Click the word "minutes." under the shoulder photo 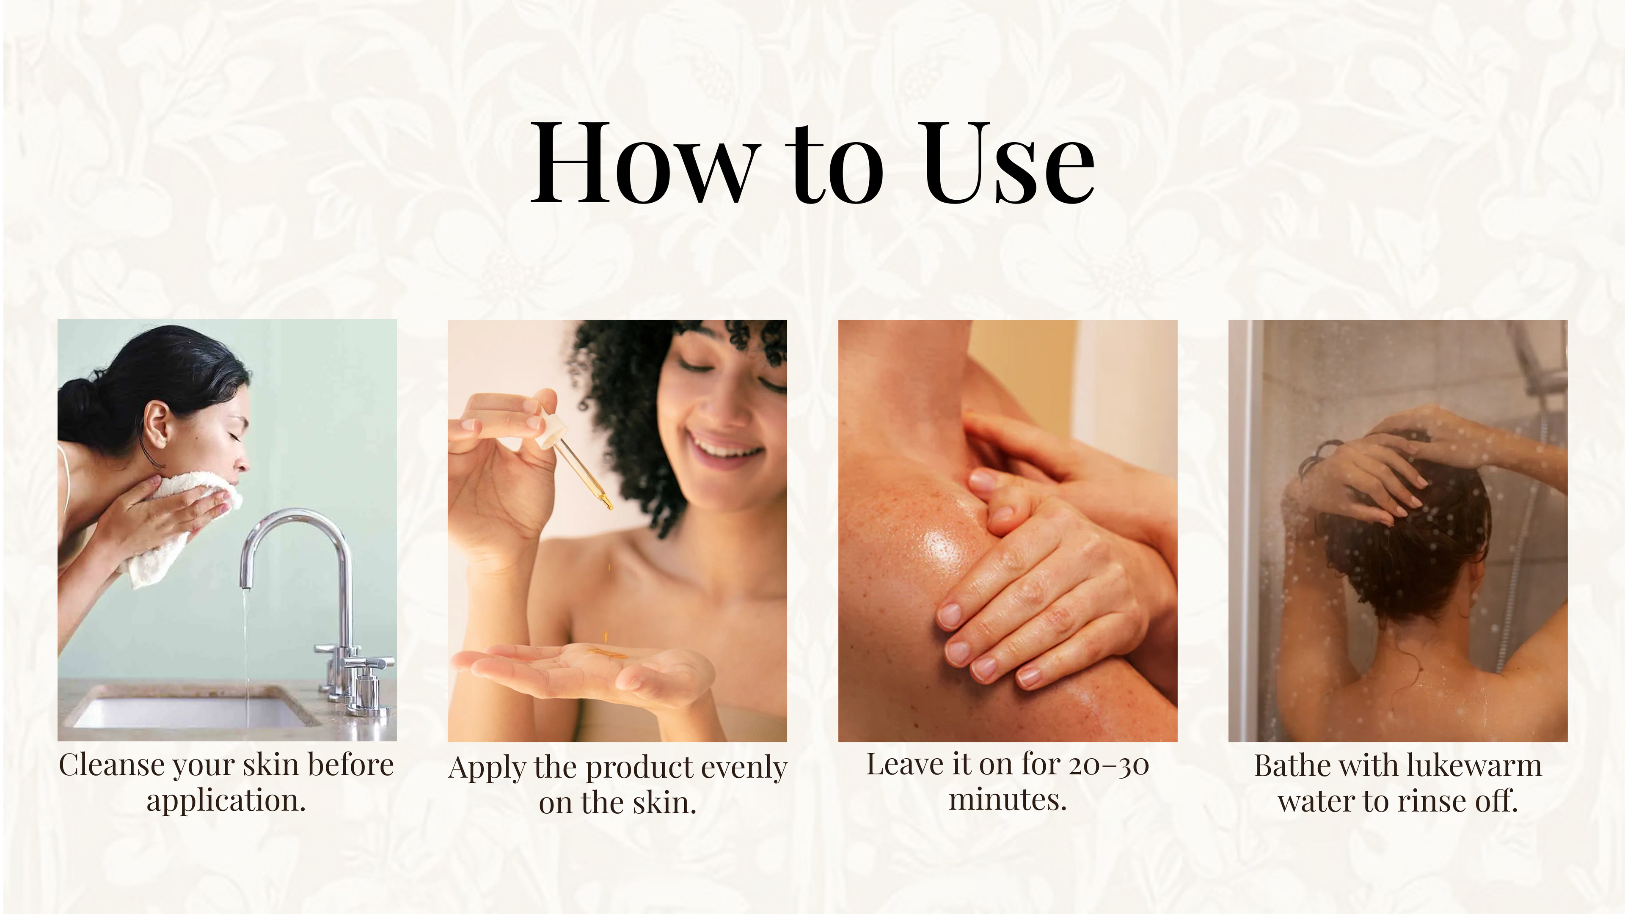[x=1008, y=800]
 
